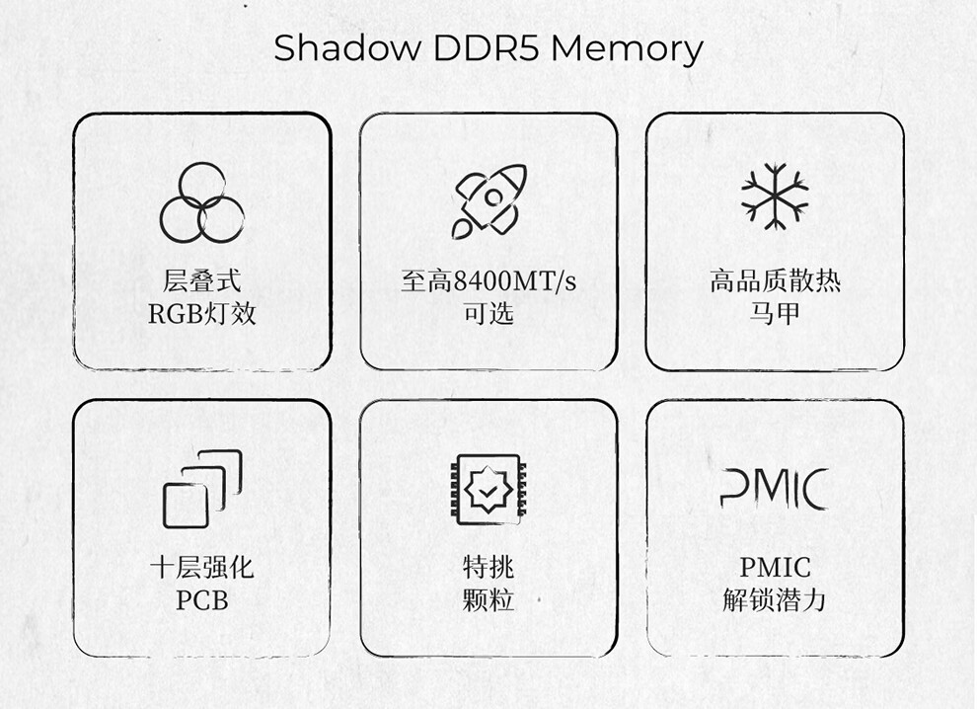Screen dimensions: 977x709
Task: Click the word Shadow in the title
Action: point(341,47)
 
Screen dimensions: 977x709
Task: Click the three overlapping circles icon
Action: point(202,202)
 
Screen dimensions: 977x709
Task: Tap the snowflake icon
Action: point(775,197)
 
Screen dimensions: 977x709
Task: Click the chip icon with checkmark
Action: point(488,489)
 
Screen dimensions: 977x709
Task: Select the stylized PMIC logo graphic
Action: point(775,489)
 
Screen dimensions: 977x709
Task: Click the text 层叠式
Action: point(202,281)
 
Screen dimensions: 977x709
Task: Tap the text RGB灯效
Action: point(202,314)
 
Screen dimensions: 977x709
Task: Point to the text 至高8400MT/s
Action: point(488,281)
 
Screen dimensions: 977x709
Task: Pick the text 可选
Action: point(488,314)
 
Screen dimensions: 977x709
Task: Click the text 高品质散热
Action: point(775,281)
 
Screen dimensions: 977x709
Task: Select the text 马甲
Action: point(775,314)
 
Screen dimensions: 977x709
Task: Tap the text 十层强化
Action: point(202,567)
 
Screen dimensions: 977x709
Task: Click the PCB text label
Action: point(202,599)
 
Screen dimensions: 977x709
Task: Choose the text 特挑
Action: point(488,567)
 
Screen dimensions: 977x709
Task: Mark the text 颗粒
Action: point(488,599)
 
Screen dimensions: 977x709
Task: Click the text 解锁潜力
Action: point(775,599)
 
